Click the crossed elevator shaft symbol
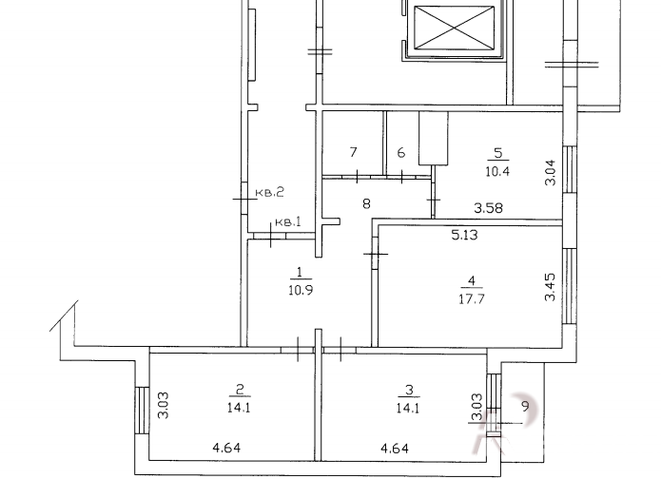[x=454, y=28]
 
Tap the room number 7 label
[x=353, y=152]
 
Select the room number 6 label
[x=401, y=152]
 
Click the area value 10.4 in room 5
[x=497, y=171]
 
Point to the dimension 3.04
[x=550, y=173]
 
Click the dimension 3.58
[x=488, y=208]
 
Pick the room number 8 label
[x=366, y=204]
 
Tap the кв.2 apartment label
[x=270, y=193]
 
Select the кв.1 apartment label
[x=288, y=221]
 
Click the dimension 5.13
[x=464, y=235]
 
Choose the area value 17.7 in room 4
[x=472, y=298]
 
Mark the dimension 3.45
[x=550, y=287]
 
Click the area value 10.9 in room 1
[x=301, y=290]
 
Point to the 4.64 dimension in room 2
[x=226, y=448]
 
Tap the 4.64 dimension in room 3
[x=395, y=448]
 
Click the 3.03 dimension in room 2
[x=164, y=405]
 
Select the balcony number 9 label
[x=525, y=407]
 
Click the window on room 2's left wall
[x=142, y=410]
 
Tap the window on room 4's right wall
[x=570, y=286]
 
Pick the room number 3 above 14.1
[x=409, y=390]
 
